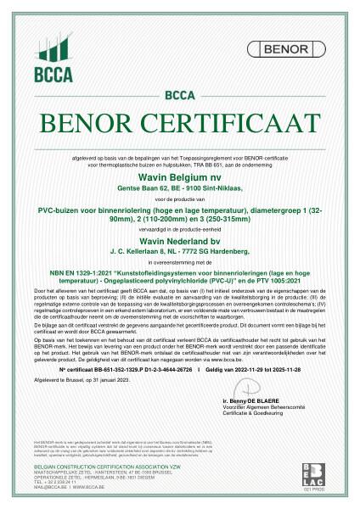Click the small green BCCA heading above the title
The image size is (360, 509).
click(x=180, y=95)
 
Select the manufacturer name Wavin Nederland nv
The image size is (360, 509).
click(x=179, y=241)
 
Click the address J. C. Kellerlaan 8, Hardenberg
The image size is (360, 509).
click(x=179, y=251)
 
